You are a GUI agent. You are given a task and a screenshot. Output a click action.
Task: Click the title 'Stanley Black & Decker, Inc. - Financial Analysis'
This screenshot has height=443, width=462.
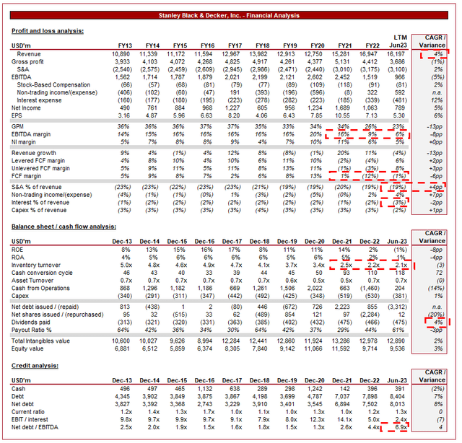[230, 15]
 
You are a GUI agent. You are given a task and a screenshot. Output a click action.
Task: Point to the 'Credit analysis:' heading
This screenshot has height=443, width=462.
[36, 367]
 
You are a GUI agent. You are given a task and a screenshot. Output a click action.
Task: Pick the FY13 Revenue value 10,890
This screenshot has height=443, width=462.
[120, 54]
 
